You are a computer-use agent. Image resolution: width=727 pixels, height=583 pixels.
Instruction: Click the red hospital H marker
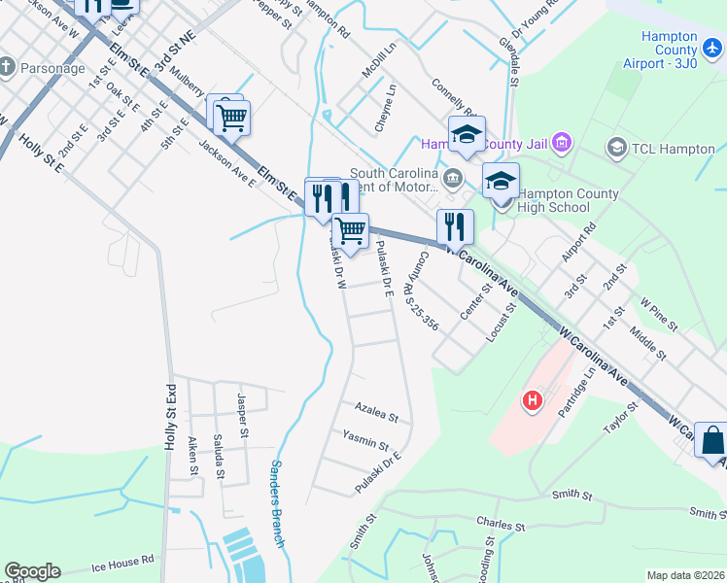coord(533,399)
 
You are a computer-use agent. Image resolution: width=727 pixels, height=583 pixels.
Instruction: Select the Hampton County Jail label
coord(484,144)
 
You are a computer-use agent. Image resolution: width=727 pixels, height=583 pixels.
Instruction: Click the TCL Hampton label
coord(659,148)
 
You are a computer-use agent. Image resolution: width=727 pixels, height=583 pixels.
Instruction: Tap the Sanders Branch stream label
coord(277,503)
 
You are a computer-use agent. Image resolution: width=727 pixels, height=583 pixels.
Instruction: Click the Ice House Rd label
coord(123,561)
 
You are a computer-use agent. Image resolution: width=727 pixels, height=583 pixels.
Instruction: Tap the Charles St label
coord(501,525)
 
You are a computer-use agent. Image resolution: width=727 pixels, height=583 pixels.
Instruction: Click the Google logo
coord(32,571)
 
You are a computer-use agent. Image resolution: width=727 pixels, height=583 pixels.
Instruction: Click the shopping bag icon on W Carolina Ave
coord(710,439)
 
